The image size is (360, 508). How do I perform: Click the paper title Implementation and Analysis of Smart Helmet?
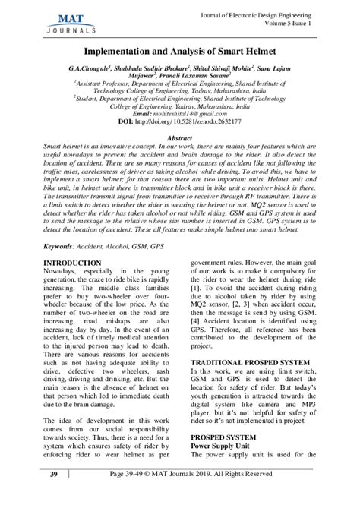click(179, 49)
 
